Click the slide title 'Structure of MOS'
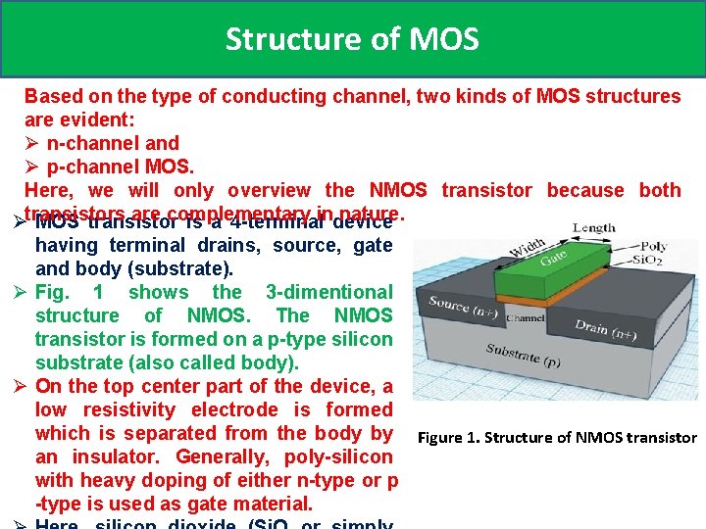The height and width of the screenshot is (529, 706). [352, 39]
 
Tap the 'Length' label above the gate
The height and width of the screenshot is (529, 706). [593, 227]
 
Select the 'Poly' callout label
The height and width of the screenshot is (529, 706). [653, 247]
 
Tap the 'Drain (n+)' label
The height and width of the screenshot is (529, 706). [607, 328]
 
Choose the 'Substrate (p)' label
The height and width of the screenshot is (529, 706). [523, 356]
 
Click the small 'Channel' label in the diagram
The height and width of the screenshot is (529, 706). [526, 318]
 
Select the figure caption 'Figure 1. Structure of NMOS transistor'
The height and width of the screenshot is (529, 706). [557, 438]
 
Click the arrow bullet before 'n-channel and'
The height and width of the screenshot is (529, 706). [32, 144]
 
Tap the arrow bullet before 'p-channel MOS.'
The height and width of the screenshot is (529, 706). [32, 168]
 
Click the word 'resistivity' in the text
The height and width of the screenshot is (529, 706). [129, 410]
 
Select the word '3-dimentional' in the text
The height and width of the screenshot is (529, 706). [328, 292]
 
